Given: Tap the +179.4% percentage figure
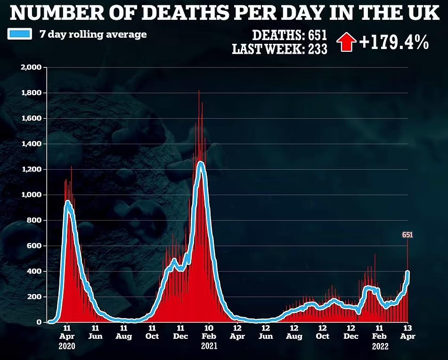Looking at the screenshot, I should click(x=394, y=42).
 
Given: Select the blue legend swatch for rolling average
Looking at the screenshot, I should click(x=20, y=34).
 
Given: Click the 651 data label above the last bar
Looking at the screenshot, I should click(x=407, y=234).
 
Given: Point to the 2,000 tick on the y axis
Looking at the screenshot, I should click(x=33, y=67).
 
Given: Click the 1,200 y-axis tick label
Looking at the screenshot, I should click(x=33, y=169).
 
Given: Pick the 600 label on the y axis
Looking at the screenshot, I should click(x=35, y=246).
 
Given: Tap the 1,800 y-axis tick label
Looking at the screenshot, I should click(x=33, y=93).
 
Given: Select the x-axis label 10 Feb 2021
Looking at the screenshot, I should click(x=209, y=336).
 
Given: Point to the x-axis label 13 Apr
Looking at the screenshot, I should click(x=407, y=332).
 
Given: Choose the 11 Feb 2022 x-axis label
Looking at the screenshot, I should click(x=379, y=336).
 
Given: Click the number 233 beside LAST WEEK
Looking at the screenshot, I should click(x=318, y=49).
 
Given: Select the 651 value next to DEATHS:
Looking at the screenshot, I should click(x=318, y=35).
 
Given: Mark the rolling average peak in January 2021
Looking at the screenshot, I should click(x=201, y=163).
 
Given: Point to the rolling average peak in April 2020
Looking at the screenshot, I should click(x=67, y=202).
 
